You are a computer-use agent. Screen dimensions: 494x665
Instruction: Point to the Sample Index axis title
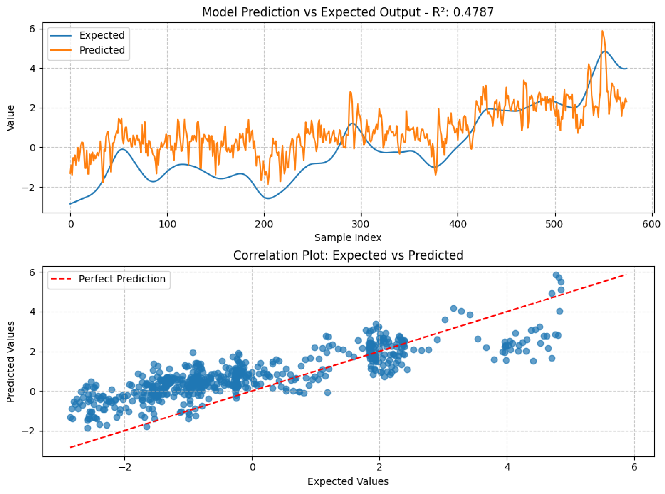tap(348, 238)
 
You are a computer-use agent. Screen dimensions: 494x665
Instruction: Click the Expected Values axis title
tap(348, 481)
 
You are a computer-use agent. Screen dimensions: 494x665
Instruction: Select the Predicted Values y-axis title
tap(11, 362)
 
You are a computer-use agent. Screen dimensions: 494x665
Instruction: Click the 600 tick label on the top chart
tap(651, 224)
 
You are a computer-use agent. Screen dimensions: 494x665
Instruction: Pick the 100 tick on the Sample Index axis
tap(167, 224)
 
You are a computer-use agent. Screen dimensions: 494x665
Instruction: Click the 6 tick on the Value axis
tap(32, 29)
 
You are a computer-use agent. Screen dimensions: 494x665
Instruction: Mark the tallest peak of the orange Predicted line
tap(602, 31)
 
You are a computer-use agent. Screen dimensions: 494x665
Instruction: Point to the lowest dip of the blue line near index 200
tap(268, 198)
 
